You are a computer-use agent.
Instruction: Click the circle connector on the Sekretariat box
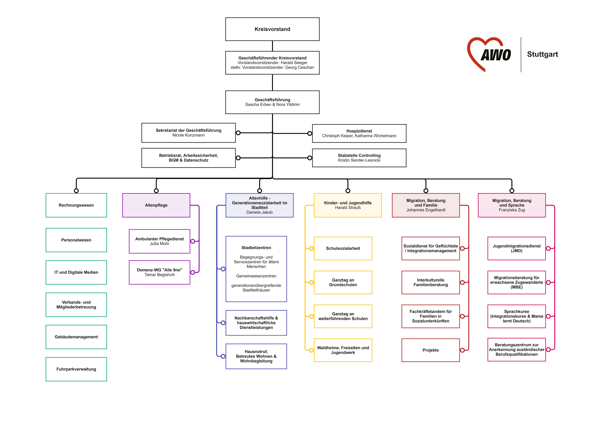pyautogui.click(x=238, y=133)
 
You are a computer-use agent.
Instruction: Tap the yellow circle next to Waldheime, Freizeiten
pyautogui.click(x=311, y=350)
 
